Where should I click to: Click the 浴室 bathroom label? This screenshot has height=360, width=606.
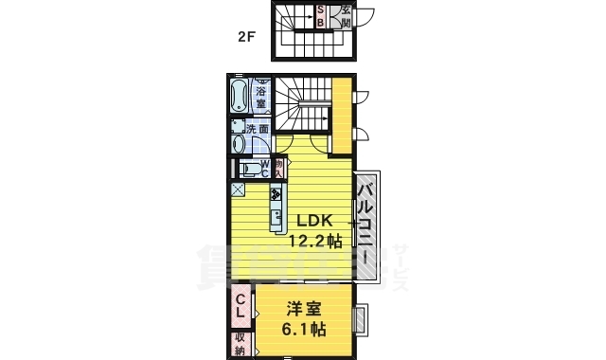click(x=259, y=96)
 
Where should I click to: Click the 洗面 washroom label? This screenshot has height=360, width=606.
click(x=258, y=128)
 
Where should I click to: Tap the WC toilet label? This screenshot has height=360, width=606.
click(x=253, y=169)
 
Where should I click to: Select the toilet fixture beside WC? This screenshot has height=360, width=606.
click(x=241, y=169)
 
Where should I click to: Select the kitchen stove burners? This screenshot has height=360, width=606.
click(x=276, y=196)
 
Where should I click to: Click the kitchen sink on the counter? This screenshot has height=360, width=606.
click(x=276, y=221)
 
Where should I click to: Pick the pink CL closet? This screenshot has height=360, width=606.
click(x=241, y=305)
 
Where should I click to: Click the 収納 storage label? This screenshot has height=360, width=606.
click(x=241, y=343)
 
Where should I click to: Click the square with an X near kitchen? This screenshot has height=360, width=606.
click(x=237, y=189)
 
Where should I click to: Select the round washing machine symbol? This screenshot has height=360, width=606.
click(x=241, y=144)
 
